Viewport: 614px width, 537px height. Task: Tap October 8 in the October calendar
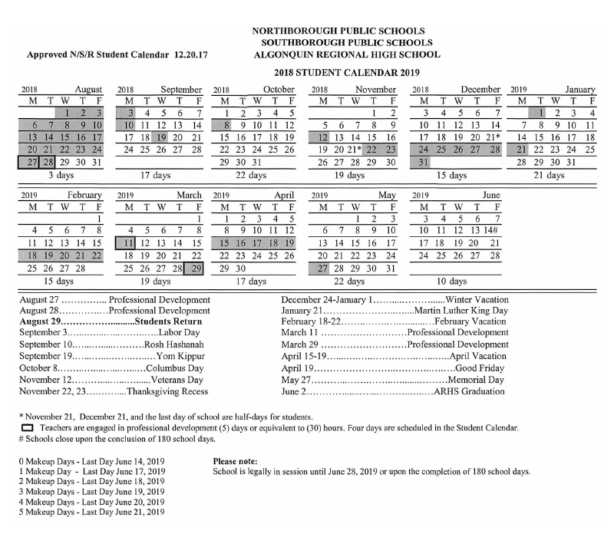click(x=225, y=124)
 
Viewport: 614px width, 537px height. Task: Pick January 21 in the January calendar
click(x=522, y=149)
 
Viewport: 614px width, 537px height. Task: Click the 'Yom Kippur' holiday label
click(x=177, y=357)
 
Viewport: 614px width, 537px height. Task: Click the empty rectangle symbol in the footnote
click(x=27, y=427)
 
